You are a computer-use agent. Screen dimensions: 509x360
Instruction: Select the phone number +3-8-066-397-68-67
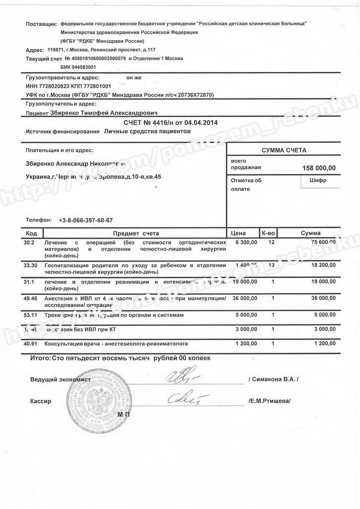click(86, 220)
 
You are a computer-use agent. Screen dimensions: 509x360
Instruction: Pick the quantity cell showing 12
click(271, 242)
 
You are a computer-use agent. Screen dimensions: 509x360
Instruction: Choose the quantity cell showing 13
click(271, 266)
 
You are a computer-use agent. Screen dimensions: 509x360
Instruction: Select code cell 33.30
click(31, 266)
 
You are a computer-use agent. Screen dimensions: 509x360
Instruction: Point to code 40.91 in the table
click(31, 344)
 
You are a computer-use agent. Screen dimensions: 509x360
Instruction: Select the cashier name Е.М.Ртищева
click(269, 401)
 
